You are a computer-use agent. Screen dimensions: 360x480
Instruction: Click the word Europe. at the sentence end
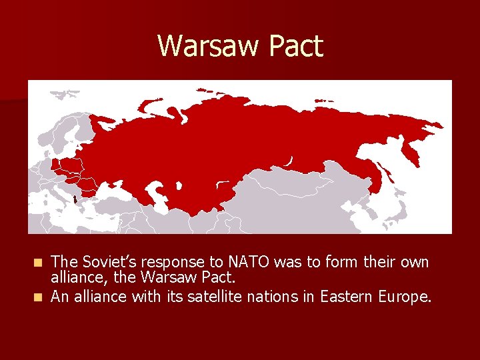pyautogui.click(x=406, y=297)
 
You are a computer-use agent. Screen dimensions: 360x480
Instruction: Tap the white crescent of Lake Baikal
pyautogui.click(x=289, y=161)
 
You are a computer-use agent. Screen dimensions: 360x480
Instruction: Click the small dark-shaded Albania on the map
pyautogui.click(x=75, y=198)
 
